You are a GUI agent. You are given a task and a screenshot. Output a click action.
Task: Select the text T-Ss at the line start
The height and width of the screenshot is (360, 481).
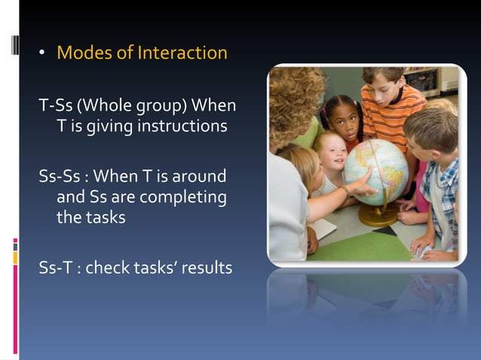point(55,103)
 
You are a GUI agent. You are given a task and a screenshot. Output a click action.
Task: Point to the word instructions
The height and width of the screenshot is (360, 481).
point(181,126)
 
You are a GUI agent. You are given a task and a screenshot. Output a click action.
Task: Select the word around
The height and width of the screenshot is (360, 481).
point(198,176)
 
